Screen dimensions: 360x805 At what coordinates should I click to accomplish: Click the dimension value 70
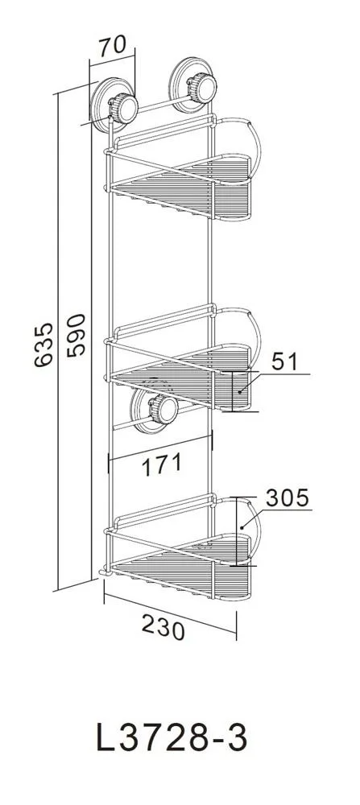pyautogui.click(x=113, y=45)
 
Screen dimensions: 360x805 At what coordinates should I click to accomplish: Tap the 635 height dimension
pyautogui.click(x=43, y=345)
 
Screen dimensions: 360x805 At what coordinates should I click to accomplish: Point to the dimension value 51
pyautogui.click(x=284, y=361)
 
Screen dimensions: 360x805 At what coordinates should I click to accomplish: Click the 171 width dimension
pyautogui.click(x=161, y=464)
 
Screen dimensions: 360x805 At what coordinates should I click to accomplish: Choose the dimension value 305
pyautogui.click(x=287, y=497)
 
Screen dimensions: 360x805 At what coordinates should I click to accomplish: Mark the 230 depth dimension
pyautogui.click(x=163, y=627)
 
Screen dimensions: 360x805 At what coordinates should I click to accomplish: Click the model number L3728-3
pyautogui.click(x=172, y=738)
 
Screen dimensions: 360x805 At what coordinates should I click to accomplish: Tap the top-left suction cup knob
pyautogui.click(x=123, y=109)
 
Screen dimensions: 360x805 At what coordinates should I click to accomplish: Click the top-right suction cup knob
pyautogui.click(x=202, y=88)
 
